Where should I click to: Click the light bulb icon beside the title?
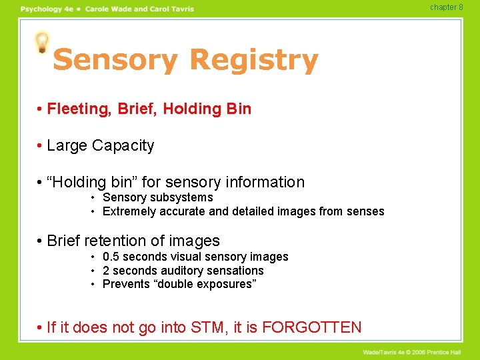[x=43, y=43]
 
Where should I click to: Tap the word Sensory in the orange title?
[x=115, y=60]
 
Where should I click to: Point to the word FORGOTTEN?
[x=312, y=327]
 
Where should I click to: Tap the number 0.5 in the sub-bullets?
[x=111, y=257]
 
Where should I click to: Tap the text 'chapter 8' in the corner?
[x=446, y=7]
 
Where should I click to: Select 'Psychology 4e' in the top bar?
[x=46, y=9]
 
